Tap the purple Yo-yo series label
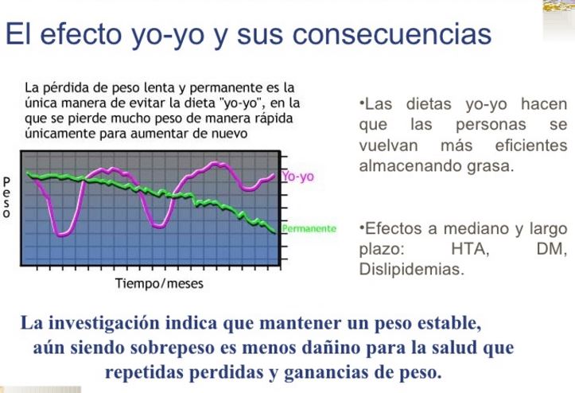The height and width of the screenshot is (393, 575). (x=297, y=177)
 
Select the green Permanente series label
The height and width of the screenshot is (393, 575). (x=309, y=228)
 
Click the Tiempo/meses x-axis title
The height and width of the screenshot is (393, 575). (x=159, y=283)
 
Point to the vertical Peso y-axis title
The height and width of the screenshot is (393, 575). (x=6, y=197)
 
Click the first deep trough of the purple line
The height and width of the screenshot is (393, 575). (x=63, y=234)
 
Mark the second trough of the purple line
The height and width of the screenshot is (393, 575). (x=159, y=226)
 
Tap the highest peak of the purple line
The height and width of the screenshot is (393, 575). (x=215, y=163)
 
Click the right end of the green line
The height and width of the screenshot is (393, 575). (x=275, y=232)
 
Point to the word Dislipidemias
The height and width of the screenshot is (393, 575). (x=412, y=269)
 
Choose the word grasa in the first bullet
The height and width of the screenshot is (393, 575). (x=491, y=166)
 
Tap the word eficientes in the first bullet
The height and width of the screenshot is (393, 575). (x=531, y=146)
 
